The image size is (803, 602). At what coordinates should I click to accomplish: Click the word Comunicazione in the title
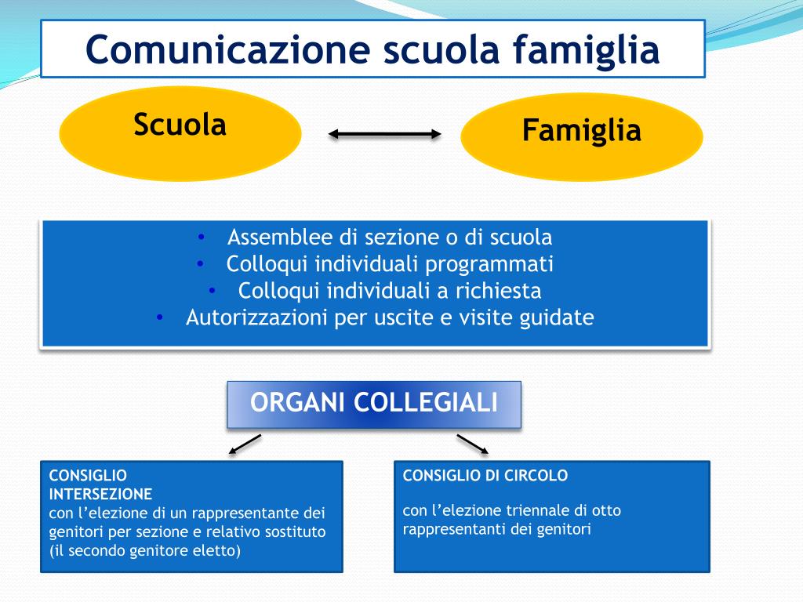click(227, 49)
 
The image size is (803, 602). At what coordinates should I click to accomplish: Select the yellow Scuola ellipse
click(180, 133)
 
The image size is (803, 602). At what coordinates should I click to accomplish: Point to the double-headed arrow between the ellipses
click(384, 135)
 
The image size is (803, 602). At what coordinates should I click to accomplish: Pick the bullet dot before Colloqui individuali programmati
click(202, 264)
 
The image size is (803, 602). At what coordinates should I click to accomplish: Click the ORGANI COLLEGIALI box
click(374, 404)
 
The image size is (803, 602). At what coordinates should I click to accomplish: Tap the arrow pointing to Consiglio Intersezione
click(244, 444)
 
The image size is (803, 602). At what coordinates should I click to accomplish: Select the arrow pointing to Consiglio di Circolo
click(473, 444)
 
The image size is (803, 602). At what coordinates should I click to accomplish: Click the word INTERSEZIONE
click(101, 494)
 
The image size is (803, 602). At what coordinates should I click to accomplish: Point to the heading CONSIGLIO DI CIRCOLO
click(485, 475)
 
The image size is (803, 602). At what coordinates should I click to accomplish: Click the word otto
click(606, 511)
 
